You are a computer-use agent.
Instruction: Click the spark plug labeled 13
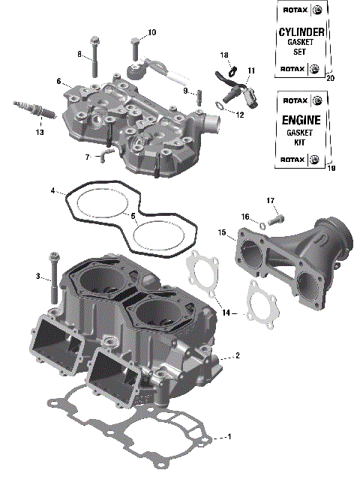pos(34,111)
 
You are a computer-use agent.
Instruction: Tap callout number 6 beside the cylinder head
pos(58,81)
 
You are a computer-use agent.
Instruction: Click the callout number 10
pos(151,32)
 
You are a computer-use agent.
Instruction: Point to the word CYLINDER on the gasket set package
pos(301,32)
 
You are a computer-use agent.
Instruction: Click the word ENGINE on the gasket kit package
pos(301,120)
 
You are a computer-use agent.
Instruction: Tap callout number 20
pos(331,78)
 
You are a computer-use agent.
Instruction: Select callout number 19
pos(331,169)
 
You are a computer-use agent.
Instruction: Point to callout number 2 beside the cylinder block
pos(237,355)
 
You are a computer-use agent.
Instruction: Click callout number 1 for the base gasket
pos(229,436)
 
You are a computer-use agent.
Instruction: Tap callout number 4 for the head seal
pos(53,191)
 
